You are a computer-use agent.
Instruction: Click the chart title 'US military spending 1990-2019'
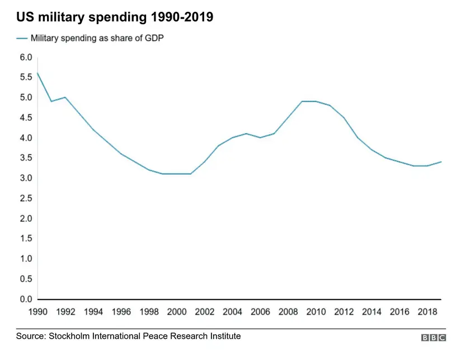click(114, 17)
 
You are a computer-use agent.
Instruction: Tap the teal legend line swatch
click(22, 38)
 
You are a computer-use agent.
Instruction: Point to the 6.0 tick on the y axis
click(26, 57)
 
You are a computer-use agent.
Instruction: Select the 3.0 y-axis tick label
click(26, 178)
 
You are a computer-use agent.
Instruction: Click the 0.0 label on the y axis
click(26, 299)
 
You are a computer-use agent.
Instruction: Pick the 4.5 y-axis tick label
click(26, 118)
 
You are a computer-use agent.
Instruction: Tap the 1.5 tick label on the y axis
click(26, 239)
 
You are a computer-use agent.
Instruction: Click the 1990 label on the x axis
click(37, 312)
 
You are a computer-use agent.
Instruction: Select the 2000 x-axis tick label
click(177, 312)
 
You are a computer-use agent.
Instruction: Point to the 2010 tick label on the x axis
click(316, 312)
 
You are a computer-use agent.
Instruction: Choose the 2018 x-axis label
click(427, 312)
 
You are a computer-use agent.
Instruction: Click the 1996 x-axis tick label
click(121, 312)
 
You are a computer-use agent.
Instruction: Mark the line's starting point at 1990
click(37, 73)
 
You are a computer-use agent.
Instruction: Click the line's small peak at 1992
click(65, 97)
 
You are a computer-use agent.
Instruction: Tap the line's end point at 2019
click(441, 162)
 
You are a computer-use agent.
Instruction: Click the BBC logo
click(434, 338)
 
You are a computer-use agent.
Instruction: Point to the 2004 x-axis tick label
click(232, 312)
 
